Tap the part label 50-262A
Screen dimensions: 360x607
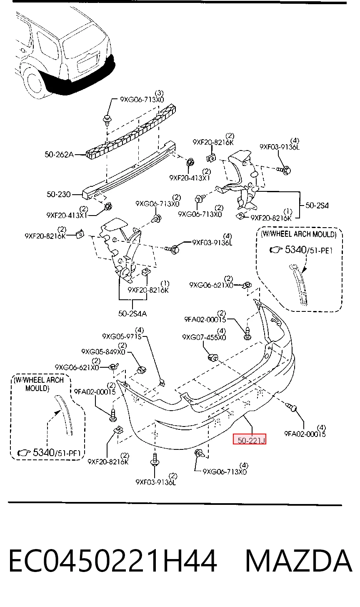(59, 154)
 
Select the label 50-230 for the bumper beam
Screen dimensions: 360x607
(58, 194)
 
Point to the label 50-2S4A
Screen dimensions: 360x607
(132, 314)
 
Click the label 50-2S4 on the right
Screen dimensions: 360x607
(317, 206)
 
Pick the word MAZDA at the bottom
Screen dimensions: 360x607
(298, 560)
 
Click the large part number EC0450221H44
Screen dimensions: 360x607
(113, 560)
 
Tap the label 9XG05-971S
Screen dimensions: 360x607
(122, 336)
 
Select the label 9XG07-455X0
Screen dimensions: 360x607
(204, 337)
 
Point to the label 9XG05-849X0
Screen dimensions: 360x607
(103, 352)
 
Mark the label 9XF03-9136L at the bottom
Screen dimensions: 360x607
(155, 482)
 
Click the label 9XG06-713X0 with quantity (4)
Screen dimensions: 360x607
(225, 472)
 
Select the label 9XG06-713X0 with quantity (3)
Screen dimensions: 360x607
(142, 100)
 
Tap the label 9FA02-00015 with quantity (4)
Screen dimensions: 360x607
(305, 434)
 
